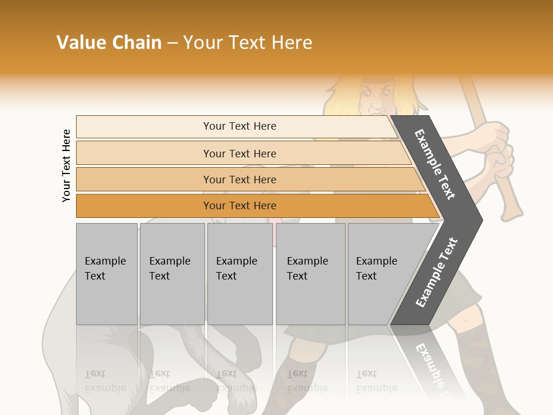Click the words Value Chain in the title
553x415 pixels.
point(109,43)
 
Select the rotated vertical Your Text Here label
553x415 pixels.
point(66,165)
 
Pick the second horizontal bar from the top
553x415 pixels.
point(240,153)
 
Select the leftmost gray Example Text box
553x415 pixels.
point(107,274)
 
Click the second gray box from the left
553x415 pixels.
point(172,274)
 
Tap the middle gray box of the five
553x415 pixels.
point(240,274)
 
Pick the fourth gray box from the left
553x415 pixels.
point(310,274)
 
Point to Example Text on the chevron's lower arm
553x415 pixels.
point(437,273)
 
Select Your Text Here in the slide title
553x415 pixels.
point(248,43)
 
